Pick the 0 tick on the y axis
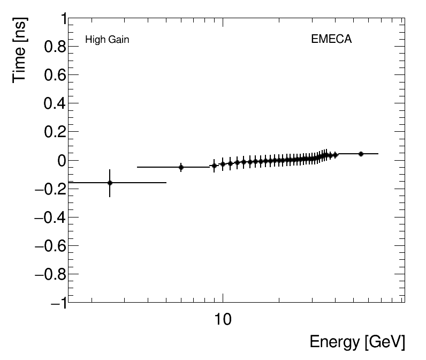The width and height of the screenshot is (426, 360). (x=61, y=161)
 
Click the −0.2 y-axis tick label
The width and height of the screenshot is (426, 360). (x=50, y=189)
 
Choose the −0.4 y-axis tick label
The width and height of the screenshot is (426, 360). (x=50, y=217)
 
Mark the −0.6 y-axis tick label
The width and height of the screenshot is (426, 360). (x=50, y=246)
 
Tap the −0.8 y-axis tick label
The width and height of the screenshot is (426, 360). (x=50, y=274)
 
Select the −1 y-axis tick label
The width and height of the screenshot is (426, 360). (x=57, y=303)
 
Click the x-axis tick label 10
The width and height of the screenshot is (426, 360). (x=223, y=320)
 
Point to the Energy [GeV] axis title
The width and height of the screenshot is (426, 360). (x=357, y=342)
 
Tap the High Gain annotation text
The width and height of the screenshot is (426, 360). (x=107, y=40)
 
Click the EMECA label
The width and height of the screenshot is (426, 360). (x=331, y=40)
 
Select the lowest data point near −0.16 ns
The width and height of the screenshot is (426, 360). (x=110, y=183)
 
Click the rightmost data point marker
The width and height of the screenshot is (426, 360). (x=361, y=154)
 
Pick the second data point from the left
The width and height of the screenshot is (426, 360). (x=181, y=167)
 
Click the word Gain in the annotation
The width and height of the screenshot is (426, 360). (x=118, y=40)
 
